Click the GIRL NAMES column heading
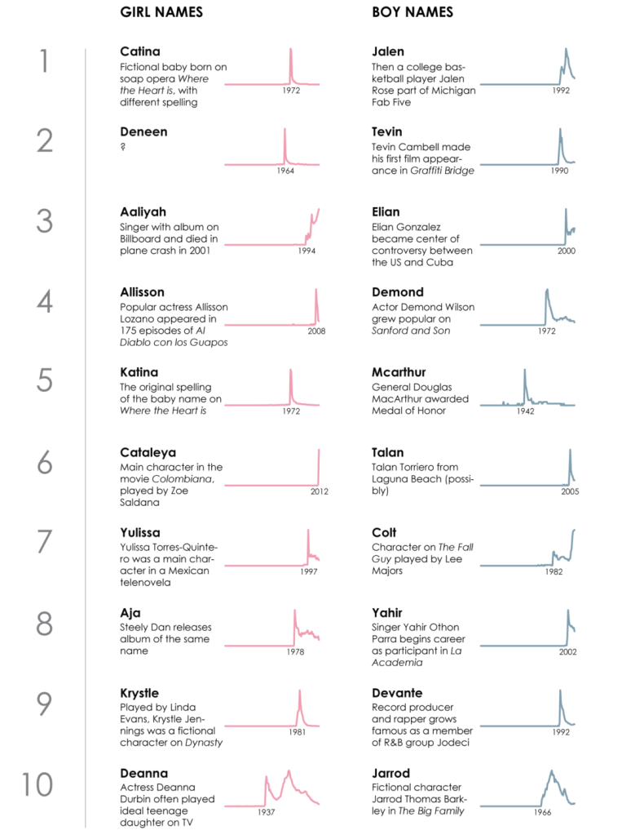click(x=161, y=12)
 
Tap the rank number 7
click(x=45, y=543)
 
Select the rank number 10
click(x=37, y=784)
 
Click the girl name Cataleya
click(x=148, y=452)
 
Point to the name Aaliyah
click(x=143, y=212)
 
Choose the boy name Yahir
click(x=387, y=613)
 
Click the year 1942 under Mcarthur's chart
click(x=525, y=411)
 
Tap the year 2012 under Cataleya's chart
click(x=319, y=491)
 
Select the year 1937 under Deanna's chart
click(x=267, y=812)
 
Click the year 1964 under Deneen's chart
click(x=285, y=171)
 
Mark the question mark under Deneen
click(x=122, y=147)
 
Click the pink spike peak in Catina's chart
click(x=290, y=50)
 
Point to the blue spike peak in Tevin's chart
click(x=560, y=129)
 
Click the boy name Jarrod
click(x=390, y=773)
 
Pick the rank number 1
click(x=45, y=62)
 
